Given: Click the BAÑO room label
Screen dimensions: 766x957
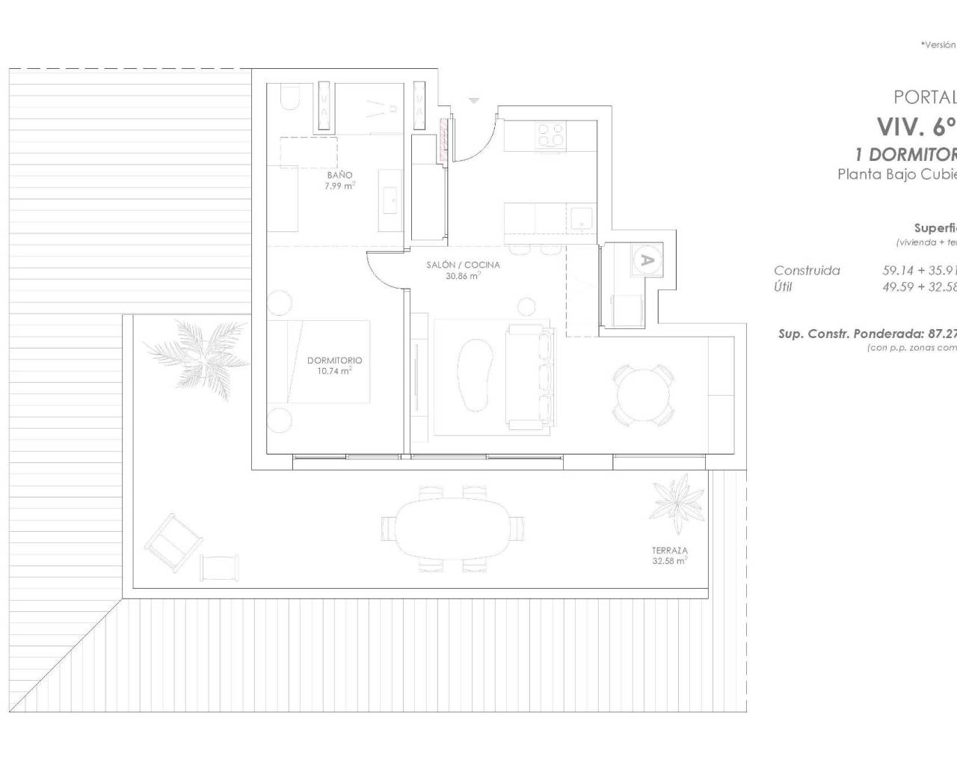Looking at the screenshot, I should pos(339,175).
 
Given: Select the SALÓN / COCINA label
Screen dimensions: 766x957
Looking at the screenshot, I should pos(463,265).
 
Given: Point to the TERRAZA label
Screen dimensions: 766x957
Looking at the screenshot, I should pos(669,550).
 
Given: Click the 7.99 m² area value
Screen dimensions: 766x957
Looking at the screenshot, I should pos(339,186).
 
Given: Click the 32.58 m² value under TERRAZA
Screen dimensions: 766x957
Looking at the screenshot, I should pos(669,560).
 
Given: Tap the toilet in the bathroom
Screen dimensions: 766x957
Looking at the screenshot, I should pos(287,98).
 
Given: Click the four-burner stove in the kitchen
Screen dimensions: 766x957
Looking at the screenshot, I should pos(552,135).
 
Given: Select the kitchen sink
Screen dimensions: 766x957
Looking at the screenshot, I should pos(581,218).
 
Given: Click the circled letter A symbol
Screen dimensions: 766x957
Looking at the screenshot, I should pos(648,260).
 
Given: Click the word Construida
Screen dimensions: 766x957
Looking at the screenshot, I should pos(807,271).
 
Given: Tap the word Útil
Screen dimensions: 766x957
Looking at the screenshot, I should pos(783,287).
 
